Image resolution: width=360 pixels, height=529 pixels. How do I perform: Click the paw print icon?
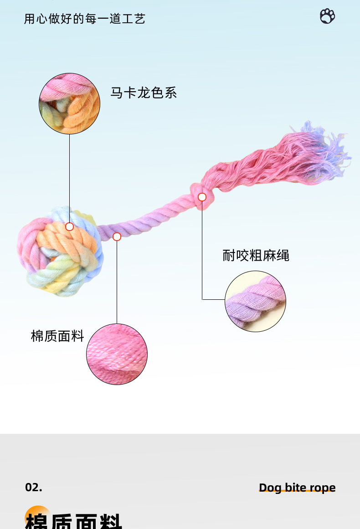click(x=327, y=16)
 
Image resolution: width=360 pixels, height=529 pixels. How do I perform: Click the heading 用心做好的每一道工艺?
click(x=85, y=19)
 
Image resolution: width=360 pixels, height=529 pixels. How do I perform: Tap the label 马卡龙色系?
click(x=143, y=93)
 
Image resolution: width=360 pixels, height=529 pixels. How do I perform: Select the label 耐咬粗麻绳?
click(x=256, y=255)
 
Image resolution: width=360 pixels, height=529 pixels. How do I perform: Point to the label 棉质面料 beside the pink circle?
click(x=57, y=336)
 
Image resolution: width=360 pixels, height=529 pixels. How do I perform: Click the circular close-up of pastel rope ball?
click(x=69, y=103)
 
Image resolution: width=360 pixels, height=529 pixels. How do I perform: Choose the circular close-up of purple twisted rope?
click(x=255, y=301)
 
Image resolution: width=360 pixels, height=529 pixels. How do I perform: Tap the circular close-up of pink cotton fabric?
click(x=117, y=354)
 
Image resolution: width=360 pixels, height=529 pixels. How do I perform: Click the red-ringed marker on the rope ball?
click(x=69, y=226)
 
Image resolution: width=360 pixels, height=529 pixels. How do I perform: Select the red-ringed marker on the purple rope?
click(x=117, y=236)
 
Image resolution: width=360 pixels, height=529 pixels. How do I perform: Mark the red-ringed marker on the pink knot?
click(x=202, y=197)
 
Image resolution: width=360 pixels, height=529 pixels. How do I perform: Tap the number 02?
click(x=34, y=487)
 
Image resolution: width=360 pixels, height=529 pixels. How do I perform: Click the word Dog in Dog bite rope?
click(x=270, y=488)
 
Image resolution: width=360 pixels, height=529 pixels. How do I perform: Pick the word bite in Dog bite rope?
click(x=296, y=488)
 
